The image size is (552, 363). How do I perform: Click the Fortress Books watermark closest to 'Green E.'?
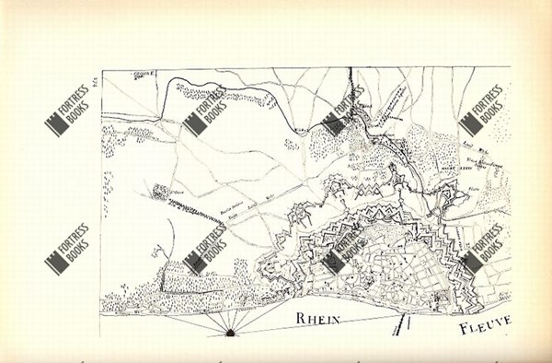pyautogui.click(x=202, y=114)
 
